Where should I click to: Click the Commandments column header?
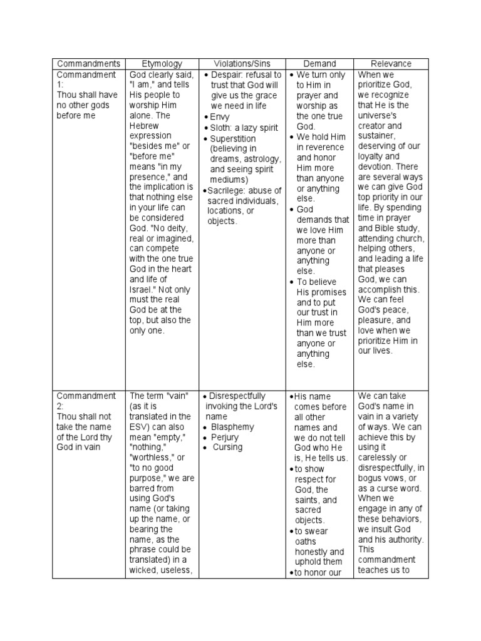88,64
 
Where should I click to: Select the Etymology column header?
162,64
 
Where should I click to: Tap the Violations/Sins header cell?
241,64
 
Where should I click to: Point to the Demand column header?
319,64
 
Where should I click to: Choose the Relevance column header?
391,64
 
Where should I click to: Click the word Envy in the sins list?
220,116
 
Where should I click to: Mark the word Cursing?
228,448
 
